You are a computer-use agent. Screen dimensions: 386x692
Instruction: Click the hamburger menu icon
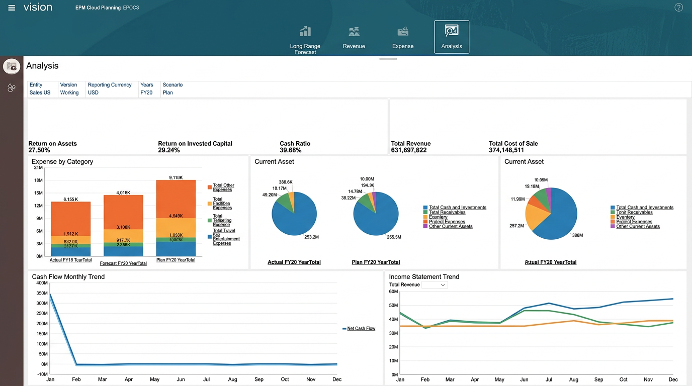pyautogui.click(x=12, y=8)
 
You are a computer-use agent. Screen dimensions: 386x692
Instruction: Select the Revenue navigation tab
pyautogui.click(x=354, y=38)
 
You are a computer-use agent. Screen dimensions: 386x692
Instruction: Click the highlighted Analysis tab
pyautogui.click(x=451, y=37)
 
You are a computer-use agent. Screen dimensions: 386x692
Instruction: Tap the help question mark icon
pyautogui.click(x=678, y=8)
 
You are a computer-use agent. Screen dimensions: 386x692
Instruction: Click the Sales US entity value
pyautogui.click(x=40, y=92)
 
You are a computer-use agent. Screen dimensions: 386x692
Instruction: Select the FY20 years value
pyautogui.click(x=146, y=92)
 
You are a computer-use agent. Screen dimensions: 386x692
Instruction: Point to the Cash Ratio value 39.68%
pyautogui.click(x=290, y=150)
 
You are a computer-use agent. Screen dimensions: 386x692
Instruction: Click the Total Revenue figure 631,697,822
pyautogui.click(x=408, y=150)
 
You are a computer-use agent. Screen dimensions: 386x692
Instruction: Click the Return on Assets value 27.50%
pyautogui.click(x=39, y=150)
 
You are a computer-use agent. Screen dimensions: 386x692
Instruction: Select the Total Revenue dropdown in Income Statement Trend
pyautogui.click(x=435, y=285)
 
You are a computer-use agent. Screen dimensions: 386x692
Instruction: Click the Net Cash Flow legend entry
pyautogui.click(x=361, y=329)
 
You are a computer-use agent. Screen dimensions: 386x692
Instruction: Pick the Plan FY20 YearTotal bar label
pyautogui.click(x=176, y=260)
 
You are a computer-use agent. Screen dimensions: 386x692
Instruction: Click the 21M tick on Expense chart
pyautogui.click(x=38, y=167)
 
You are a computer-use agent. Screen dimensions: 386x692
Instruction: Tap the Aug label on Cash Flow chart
pyautogui.click(x=233, y=379)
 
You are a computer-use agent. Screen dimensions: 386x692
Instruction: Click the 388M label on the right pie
pyautogui.click(x=577, y=235)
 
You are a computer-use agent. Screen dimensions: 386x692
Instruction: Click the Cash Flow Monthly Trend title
pyautogui.click(x=68, y=277)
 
